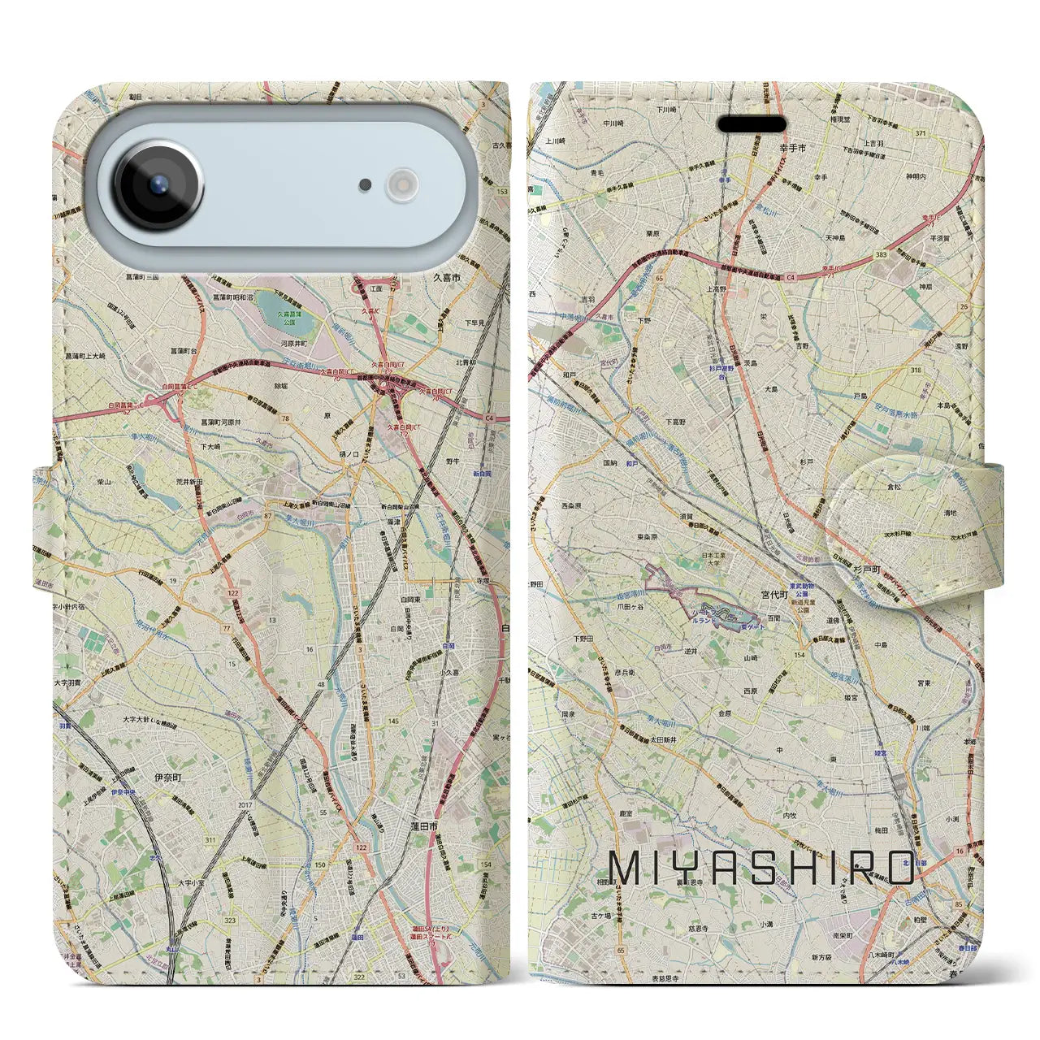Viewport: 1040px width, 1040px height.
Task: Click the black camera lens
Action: [x=158, y=185]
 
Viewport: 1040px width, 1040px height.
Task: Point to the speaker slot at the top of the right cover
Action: [x=752, y=124]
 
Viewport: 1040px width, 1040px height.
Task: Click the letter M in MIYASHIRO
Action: [x=625, y=869]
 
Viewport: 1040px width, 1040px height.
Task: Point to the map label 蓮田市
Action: [x=424, y=825]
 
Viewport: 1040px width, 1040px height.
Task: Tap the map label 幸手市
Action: [x=792, y=149]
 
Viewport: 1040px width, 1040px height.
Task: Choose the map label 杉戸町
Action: [x=866, y=570]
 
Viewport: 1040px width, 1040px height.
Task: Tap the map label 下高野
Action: [x=674, y=422]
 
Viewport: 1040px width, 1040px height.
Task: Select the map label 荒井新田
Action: [x=189, y=482]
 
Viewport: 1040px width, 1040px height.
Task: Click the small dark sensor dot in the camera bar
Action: [x=366, y=185]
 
